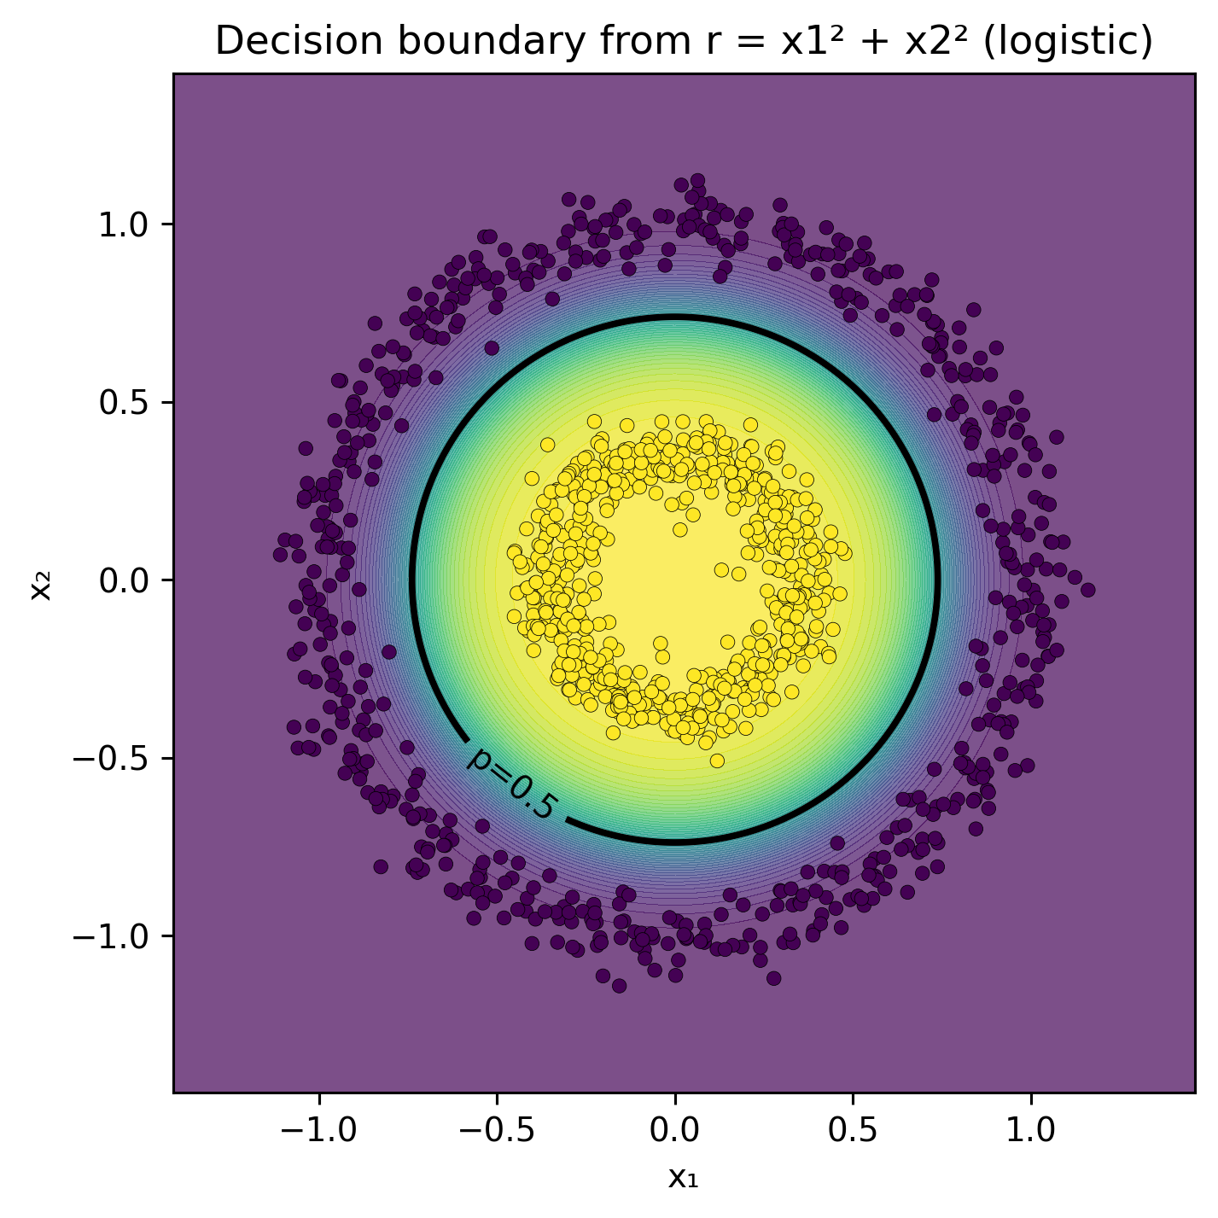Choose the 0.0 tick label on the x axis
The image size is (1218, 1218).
point(675,1130)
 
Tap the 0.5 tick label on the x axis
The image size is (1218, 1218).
point(853,1130)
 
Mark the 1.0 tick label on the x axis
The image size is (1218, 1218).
point(1031,1130)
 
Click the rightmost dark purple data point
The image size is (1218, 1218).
point(1087,589)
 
